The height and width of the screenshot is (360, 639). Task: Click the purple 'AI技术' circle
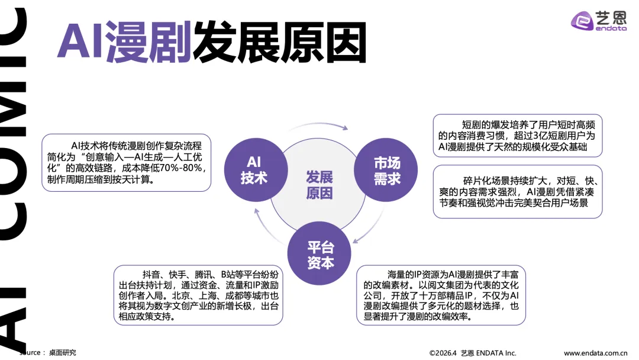tap(254, 170)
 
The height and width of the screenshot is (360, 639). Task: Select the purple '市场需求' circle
tap(387, 170)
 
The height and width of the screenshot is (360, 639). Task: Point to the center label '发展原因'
tap(319, 185)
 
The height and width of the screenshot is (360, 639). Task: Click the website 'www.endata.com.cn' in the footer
tap(595, 353)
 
